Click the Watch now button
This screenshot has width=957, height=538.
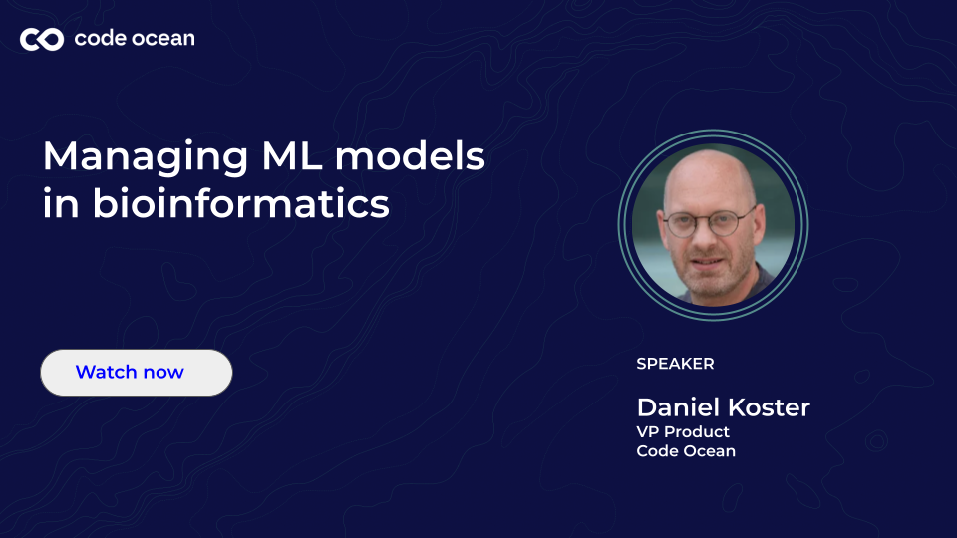coord(136,373)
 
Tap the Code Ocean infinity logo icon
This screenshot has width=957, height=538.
coord(42,39)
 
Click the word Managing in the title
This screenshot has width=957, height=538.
coord(136,158)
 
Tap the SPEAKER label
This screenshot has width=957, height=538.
coord(675,364)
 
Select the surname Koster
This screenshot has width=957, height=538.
coord(769,407)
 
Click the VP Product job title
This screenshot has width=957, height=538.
coord(683,432)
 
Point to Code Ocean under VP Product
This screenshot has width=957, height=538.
coord(686,451)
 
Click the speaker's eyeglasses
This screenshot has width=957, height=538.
coord(710,221)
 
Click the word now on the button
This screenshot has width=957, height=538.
coord(162,373)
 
